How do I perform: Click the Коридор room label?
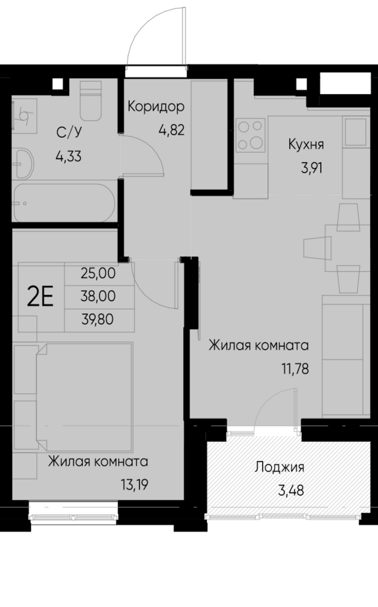[155, 106]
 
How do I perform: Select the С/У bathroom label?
[67, 133]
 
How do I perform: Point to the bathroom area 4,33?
[69, 159]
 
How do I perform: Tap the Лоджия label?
[279, 467]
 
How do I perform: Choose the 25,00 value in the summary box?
[97, 272]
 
